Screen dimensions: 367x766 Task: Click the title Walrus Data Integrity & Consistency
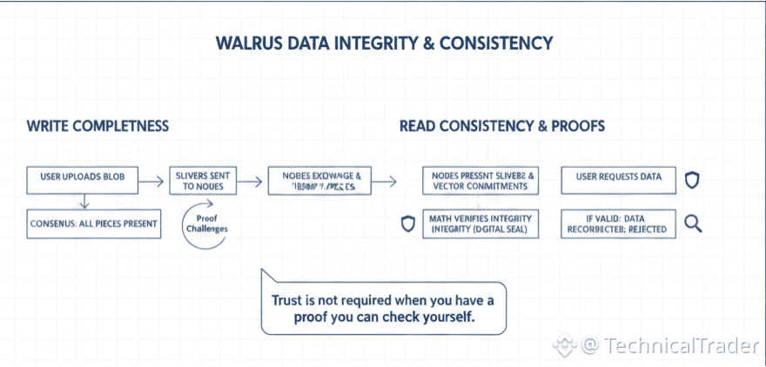click(x=383, y=43)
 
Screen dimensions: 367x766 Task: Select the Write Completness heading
click(x=97, y=126)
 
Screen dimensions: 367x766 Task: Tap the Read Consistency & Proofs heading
click(x=502, y=126)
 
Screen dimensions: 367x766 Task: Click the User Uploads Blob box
click(x=83, y=177)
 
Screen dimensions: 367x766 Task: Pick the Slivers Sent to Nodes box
click(x=204, y=180)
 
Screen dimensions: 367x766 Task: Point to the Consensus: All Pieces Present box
click(x=93, y=224)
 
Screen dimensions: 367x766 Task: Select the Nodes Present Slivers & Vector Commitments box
click(x=479, y=180)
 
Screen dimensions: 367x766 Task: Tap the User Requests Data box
click(x=618, y=177)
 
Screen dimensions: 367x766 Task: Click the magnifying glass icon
click(x=694, y=224)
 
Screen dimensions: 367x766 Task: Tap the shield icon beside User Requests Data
click(x=693, y=179)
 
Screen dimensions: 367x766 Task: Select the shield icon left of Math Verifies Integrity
click(x=407, y=224)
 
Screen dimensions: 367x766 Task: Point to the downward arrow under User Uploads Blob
click(x=83, y=202)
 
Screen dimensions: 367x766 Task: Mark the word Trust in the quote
click(x=288, y=300)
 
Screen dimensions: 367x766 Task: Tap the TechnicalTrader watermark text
click(x=670, y=345)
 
